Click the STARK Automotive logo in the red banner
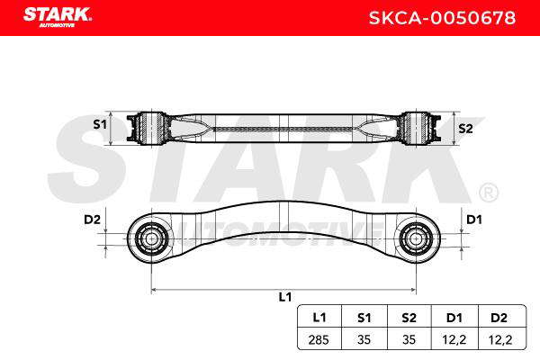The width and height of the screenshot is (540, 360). [x=58, y=17]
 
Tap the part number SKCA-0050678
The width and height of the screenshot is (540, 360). [x=442, y=18]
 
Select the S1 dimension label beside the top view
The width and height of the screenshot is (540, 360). [x=100, y=124]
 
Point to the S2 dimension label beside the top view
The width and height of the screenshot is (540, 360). [x=465, y=129]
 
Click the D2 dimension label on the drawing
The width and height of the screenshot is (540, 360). [x=92, y=219]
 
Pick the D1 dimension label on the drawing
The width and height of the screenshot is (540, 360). [x=474, y=219]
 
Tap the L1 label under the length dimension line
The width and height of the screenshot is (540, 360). [x=285, y=297]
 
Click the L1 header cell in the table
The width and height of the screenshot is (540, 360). [x=319, y=318]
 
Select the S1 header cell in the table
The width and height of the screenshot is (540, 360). [x=364, y=318]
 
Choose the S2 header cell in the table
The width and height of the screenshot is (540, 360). [x=409, y=318]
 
